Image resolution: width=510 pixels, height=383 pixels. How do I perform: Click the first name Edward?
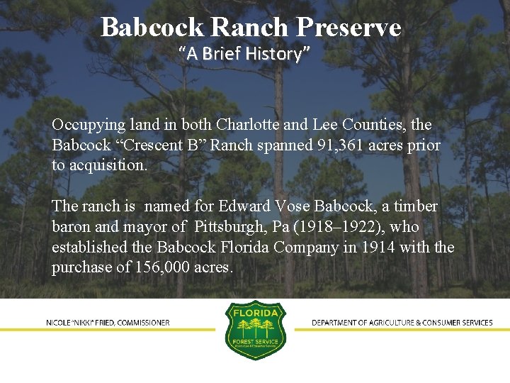(x=245, y=207)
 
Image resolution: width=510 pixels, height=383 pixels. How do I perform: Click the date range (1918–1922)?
(x=335, y=228)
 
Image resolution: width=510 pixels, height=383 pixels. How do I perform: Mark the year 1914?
(x=381, y=248)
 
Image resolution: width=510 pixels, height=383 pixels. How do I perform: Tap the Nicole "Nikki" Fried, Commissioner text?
(x=108, y=323)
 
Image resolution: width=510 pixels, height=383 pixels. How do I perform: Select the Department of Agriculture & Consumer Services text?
(x=402, y=323)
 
